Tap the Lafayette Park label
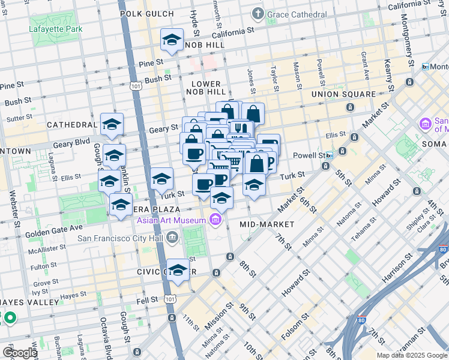56,28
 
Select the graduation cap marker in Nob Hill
172,41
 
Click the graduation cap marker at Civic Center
178,271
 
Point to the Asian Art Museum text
171,220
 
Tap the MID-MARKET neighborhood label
267,224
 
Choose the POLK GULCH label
148,13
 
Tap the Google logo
20,353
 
